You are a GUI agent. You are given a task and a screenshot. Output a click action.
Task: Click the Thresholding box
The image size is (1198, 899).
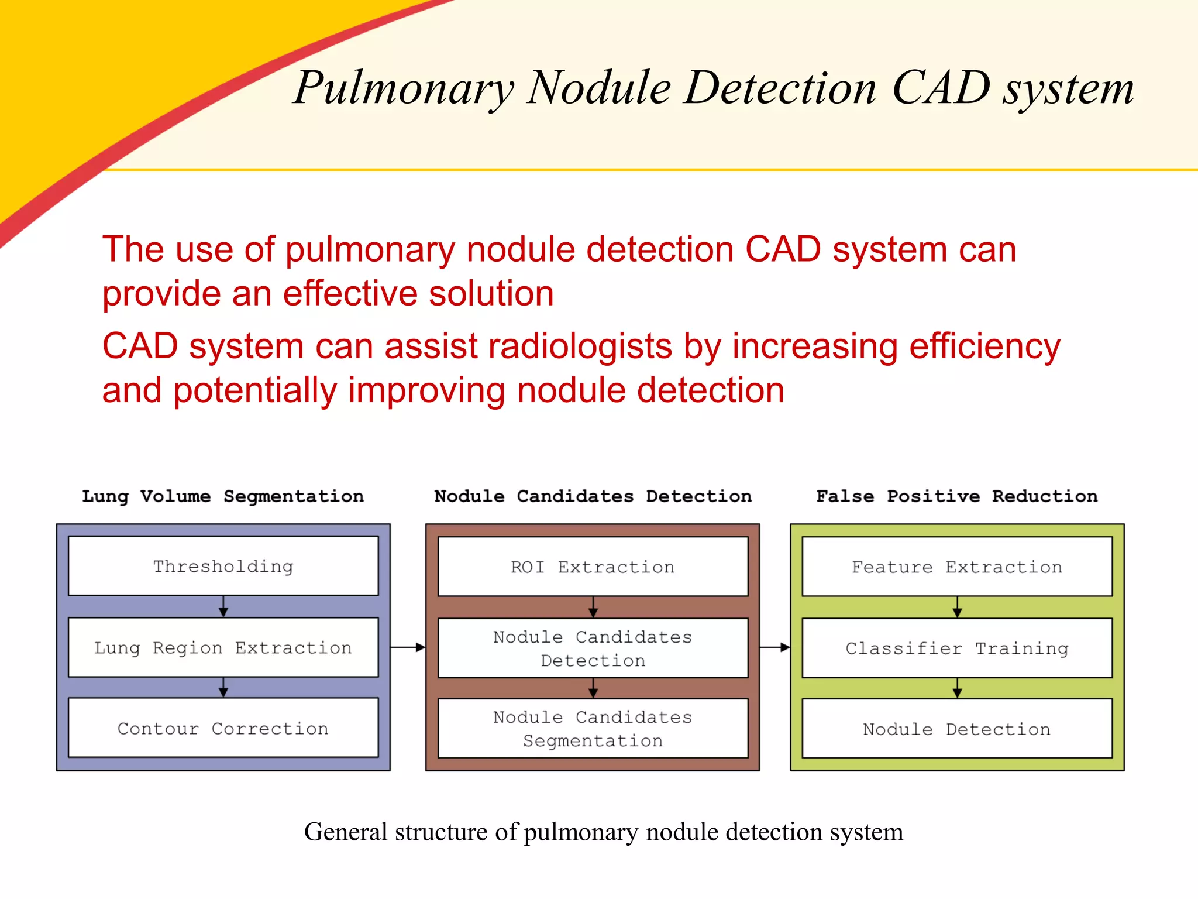pyautogui.click(x=223, y=566)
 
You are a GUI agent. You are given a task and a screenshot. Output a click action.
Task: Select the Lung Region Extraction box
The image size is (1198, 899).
pyautogui.click(x=223, y=647)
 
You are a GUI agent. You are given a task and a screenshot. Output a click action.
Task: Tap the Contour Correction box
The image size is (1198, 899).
pyautogui.click(x=223, y=728)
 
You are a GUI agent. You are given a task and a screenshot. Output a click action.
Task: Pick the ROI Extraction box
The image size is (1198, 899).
pyautogui.click(x=593, y=567)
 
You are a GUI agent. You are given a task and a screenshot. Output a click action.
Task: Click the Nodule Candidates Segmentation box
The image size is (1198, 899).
pyautogui.click(x=593, y=729)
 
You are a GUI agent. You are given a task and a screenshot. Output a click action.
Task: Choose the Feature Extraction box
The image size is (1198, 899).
pyautogui.click(x=957, y=567)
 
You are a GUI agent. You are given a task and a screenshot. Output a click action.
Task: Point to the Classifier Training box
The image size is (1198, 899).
pyautogui.click(x=957, y=648)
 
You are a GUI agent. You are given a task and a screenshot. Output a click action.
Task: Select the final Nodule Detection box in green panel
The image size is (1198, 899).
pyautogui.click(x=957, y=729)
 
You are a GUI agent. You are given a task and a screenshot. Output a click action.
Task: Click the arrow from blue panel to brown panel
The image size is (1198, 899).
pyautogui.click(x=408, y=647)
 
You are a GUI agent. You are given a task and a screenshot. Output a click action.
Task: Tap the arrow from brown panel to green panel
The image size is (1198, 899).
pyautogui.click(x=775, y=647)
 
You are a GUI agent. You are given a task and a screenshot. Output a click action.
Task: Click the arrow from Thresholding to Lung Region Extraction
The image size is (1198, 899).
pyautogui.click(x=223, y=606)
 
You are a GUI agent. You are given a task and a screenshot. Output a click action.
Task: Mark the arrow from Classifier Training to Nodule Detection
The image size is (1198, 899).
pyautogui.click(x=957, y=688)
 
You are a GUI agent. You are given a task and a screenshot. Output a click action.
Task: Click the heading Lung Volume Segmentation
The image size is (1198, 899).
pyautogui.click(x=223, y=496)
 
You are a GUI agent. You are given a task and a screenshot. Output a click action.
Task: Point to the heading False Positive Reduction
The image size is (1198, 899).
pyautogui.click(x=957, y=496)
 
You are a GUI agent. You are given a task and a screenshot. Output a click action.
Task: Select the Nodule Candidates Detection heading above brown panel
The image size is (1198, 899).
pyautogui.click(x=593, y=496)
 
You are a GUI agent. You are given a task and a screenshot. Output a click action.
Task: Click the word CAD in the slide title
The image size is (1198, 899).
pyautogui.click(x=941, y=88)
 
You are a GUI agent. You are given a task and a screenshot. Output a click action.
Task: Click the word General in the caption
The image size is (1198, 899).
pyautogui.click(x=346, y=832)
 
